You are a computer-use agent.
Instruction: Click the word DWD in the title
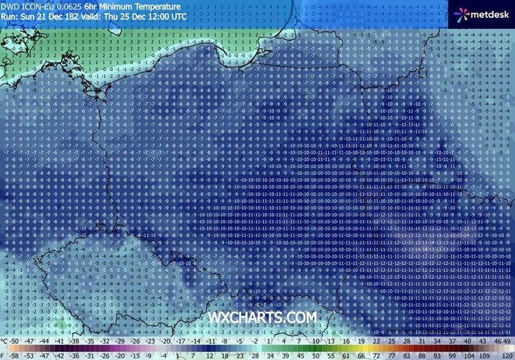(11, 5)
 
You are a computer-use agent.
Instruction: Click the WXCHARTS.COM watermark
(262, 317)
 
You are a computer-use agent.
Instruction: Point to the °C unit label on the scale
(5, 340)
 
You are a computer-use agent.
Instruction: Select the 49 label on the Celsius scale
(507, 340)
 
